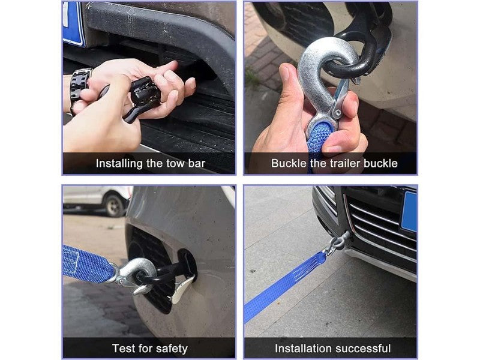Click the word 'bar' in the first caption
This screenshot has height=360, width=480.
(197, 163)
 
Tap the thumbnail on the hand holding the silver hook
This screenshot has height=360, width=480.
(284, 73)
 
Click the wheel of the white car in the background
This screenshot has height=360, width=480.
(115, 205)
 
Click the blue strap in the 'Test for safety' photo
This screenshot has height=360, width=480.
(88, 264)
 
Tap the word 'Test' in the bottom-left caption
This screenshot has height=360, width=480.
(124, 349)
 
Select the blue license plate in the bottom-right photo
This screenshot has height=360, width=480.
(409, 212)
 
